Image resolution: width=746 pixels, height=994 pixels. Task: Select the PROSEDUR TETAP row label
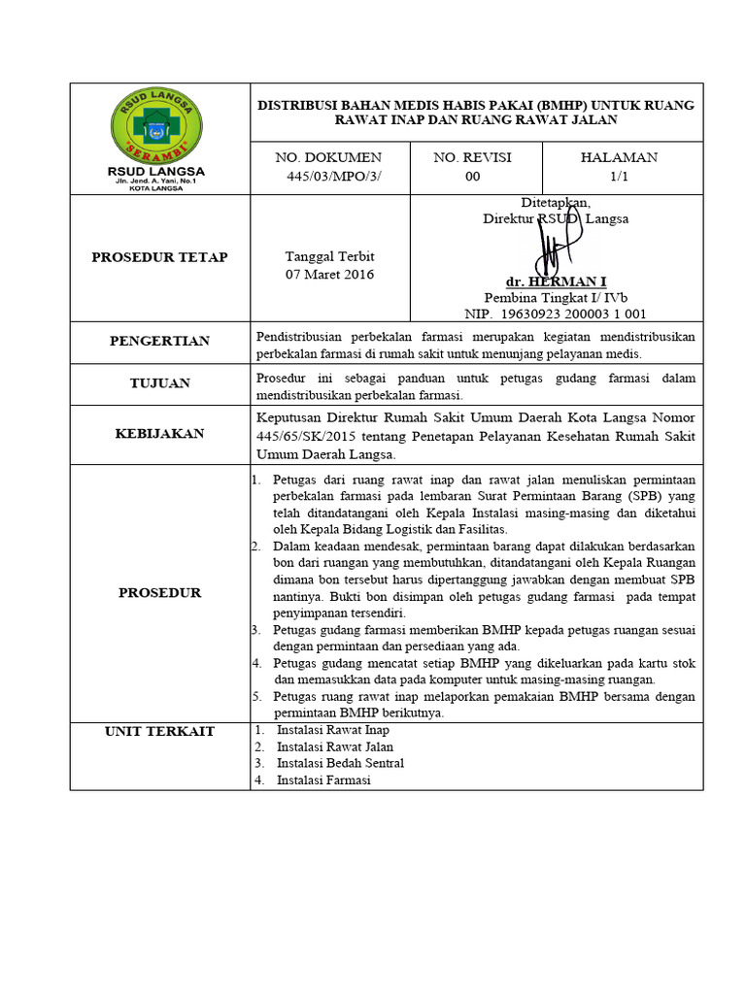tap(159, 257)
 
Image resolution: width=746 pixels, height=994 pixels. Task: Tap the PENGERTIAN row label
tap(159, 341)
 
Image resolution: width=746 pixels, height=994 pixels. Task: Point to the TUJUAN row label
tap(159, 383)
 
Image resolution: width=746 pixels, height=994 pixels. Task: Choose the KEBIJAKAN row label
tap(159, 434)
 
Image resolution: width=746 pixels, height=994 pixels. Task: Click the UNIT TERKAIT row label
tap(159, 731)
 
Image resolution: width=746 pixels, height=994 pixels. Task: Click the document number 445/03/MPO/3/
tap(328, 176)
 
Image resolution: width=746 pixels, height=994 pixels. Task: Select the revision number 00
tap(472, 176)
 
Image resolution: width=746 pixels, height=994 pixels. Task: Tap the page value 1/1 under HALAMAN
tap(619, 176)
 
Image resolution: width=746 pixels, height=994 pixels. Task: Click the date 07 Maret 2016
tap(329, 274)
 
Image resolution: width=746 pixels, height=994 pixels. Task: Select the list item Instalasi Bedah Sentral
tap(340, 763)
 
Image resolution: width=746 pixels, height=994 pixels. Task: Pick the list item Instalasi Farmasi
tap(323, 779)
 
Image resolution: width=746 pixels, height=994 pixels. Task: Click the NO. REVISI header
tap(472, 157)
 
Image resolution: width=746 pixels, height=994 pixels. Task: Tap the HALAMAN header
tap(619, 157)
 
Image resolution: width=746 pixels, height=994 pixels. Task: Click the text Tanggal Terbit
tap(329, 256)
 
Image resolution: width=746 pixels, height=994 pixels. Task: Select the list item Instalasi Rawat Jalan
tap(335, 746)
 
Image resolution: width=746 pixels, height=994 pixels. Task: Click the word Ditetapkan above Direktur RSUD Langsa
tap(556, 202)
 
